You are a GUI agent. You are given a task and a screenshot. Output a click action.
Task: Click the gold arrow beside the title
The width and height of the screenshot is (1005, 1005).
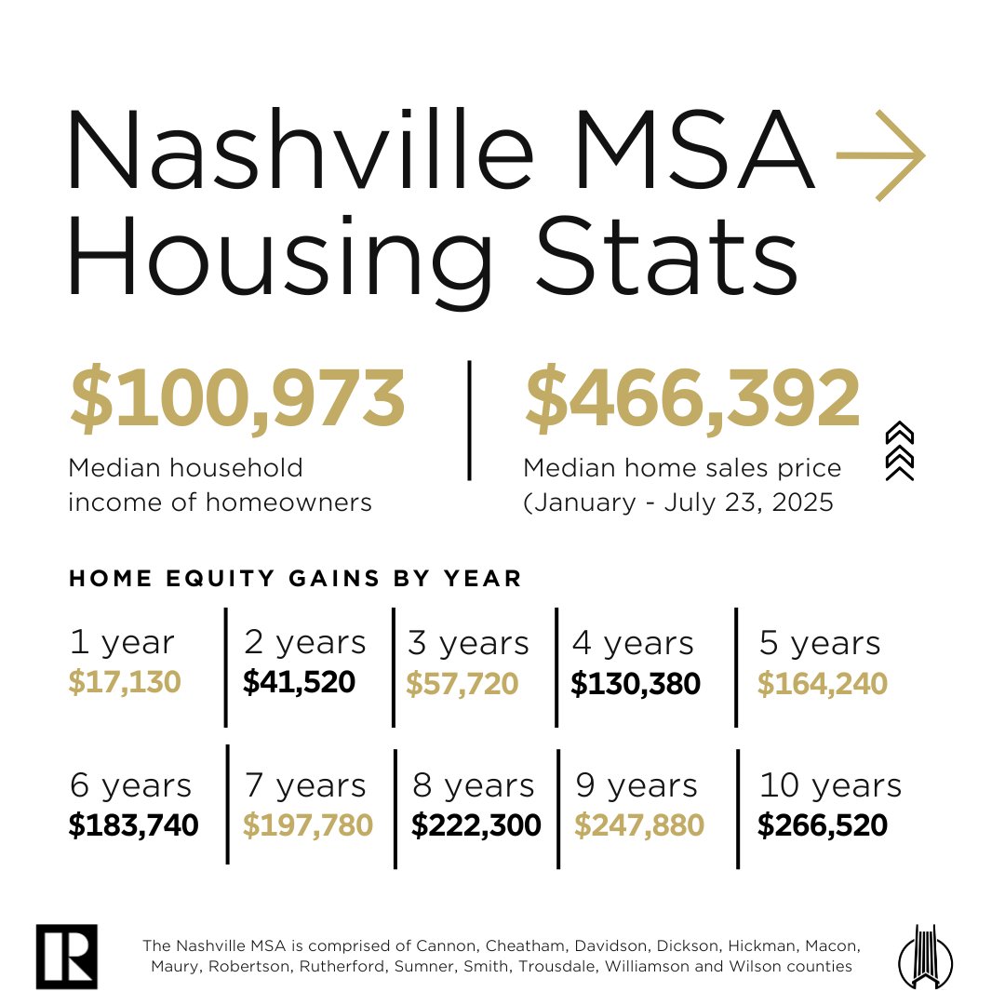click(x=880, y=154)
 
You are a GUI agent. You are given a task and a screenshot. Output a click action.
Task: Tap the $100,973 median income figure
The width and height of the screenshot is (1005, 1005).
click(x=237, y=400)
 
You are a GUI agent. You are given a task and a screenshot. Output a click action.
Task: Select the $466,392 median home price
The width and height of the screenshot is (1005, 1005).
click(x=693, y=400)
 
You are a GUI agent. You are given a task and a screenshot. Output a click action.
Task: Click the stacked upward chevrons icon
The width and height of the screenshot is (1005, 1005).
click(x=900, y=451)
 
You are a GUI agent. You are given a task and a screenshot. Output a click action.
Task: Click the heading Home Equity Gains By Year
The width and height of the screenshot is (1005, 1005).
click(x=296, y=578)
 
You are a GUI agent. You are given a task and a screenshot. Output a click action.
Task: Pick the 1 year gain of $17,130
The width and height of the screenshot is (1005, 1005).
click(x=125, y=684)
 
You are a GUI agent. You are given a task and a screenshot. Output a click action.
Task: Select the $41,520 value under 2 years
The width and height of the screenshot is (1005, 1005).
click(x=299, y=683)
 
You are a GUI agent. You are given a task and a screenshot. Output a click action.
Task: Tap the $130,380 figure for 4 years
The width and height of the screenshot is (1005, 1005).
click(x=636, y=685)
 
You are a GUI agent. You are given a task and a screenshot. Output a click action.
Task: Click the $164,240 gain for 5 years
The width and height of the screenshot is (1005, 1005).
click(x=822, y=685)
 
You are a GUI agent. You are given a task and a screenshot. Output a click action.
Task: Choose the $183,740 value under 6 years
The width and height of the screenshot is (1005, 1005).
click(x=134, y=825)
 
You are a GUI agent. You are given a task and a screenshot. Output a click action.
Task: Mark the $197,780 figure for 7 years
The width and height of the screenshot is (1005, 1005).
click(x=308, y=825)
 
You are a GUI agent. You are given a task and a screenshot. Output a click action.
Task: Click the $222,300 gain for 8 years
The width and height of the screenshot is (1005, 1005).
click(x=476, y=825)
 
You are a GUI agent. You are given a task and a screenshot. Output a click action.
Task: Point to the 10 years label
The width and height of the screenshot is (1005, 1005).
click(x=830, y=785)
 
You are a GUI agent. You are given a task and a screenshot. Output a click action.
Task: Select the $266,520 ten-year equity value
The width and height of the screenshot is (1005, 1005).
click(x=822, y=825)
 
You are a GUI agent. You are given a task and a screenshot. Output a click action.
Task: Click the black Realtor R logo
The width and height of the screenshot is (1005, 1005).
click(x=66, y=957)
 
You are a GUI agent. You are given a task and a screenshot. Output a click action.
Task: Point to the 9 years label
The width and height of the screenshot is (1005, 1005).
click(x=636, y=785)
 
